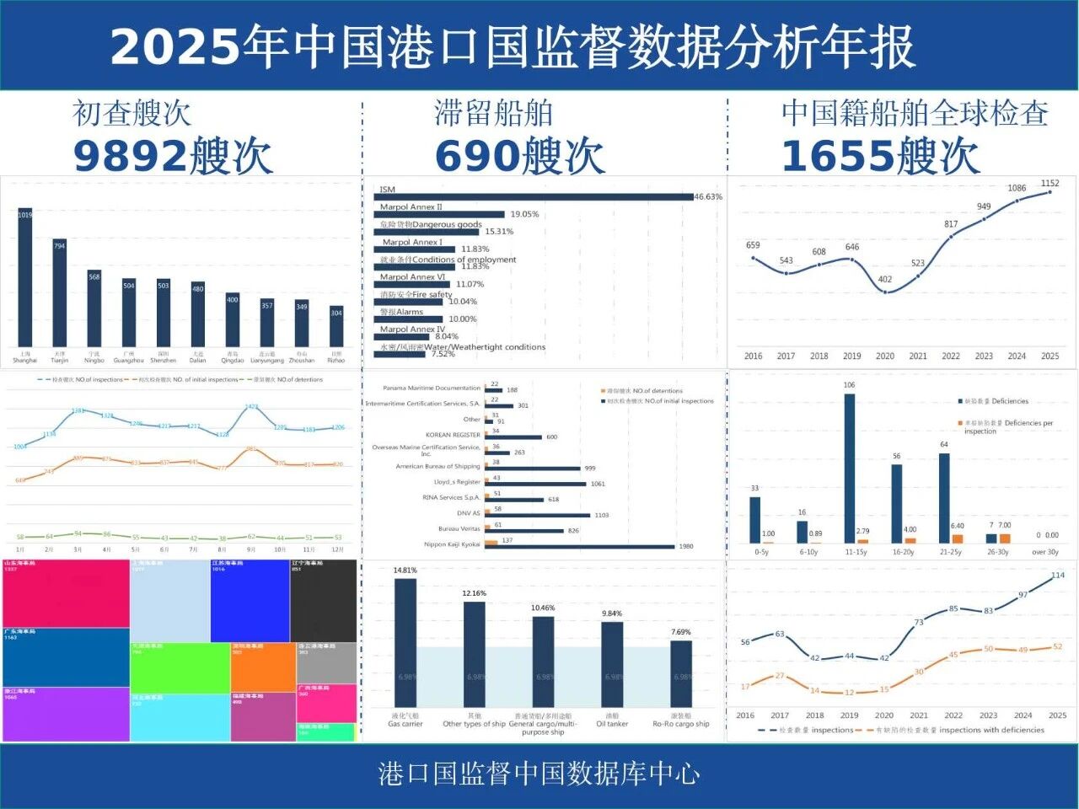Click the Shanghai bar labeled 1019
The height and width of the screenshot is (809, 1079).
(x=25, y=277)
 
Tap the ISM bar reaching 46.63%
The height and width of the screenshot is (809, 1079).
(x=534, y=197)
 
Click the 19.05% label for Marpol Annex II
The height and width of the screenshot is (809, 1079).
(x=524, y=214)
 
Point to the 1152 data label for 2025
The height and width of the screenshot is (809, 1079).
(x=1049, y=183)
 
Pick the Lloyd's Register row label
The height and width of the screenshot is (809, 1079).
(x=456, y=482)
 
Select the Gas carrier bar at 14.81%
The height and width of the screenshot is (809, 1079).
(x=405, y=643)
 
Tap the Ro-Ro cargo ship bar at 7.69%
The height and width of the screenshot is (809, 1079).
(x=681, y=674)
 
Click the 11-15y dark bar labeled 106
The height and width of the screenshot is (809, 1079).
(x=849, y=468)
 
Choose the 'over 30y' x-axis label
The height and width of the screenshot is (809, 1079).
(x=1045, y=552)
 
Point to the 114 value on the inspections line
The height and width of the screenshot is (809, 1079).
(x=1058, y=576)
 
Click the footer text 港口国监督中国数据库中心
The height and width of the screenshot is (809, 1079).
(x=539, y=774)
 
